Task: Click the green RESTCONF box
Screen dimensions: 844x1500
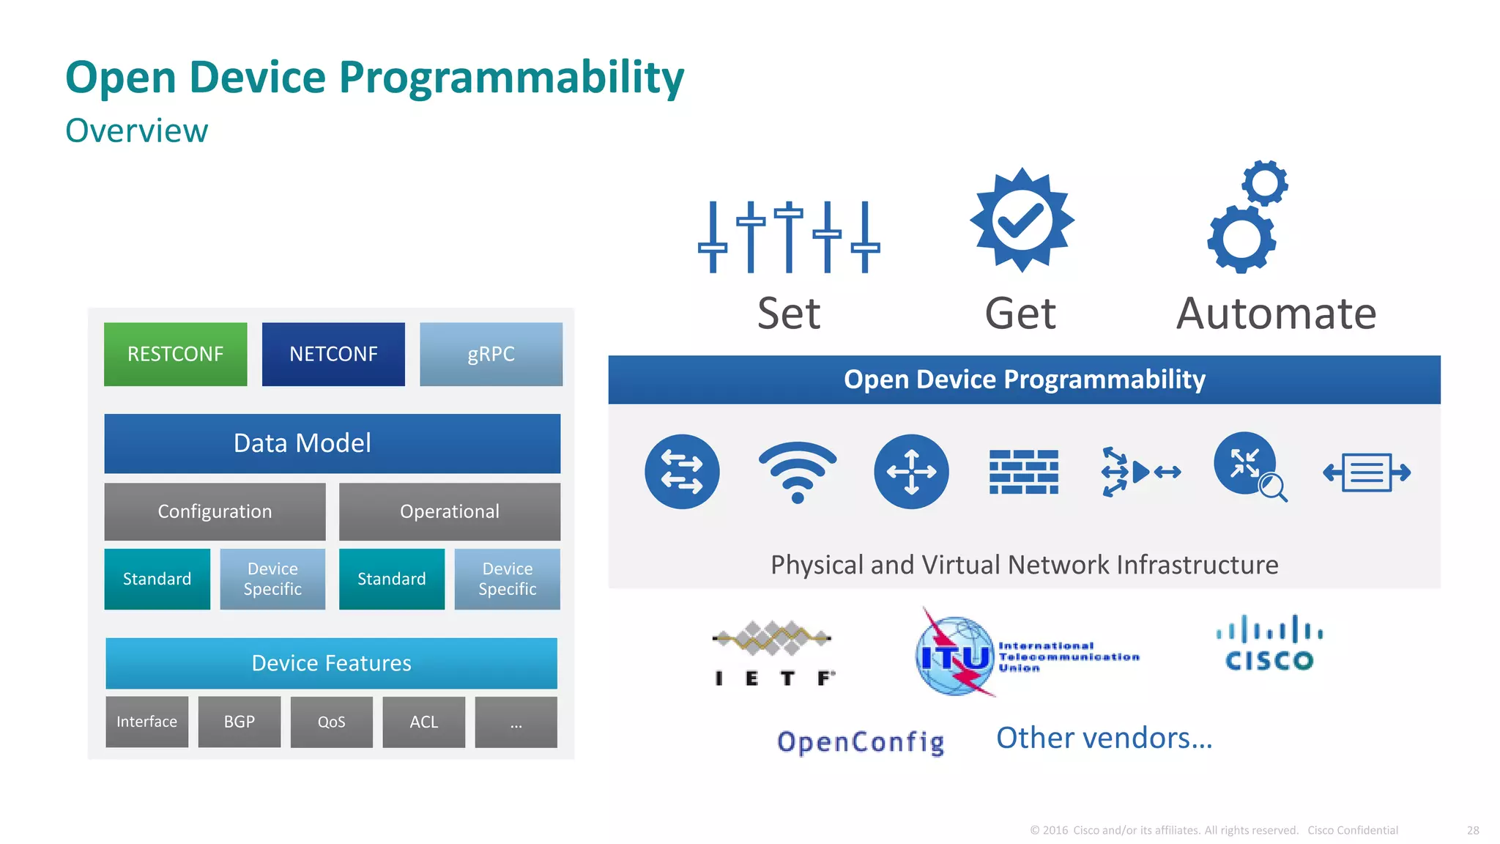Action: [x=175, y=354]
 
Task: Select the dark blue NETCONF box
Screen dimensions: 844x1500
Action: [x=333, y=354]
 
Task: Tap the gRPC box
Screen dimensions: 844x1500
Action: [x=491, y=354]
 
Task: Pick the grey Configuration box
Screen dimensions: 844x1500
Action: [x=215, y=511]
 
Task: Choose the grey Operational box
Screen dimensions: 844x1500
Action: [x=449, y=511]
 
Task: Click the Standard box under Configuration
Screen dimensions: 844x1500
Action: [x=157, y=579]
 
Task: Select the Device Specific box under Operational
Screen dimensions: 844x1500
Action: [x=507, y=579]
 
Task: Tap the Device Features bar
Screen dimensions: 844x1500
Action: [x=331, y=663]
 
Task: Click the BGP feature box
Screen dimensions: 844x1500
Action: [x=239, y=722]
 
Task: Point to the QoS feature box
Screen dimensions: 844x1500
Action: [x=331, y=722]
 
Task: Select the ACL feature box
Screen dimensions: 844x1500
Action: [x=423, y=722]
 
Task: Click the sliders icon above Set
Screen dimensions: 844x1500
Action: [x=789, y=237]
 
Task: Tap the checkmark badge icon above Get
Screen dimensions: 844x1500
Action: [x=1022, y=220]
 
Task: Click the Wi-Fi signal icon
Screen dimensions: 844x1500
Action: [x=798, y=472]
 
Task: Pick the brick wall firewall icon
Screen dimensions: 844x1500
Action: [x=1023, y=472]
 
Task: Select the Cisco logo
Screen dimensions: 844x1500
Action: [x=1269, y=643]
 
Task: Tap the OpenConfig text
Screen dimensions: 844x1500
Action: [x=861, y=741]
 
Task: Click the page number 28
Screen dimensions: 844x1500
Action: [x=1473, y=830]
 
